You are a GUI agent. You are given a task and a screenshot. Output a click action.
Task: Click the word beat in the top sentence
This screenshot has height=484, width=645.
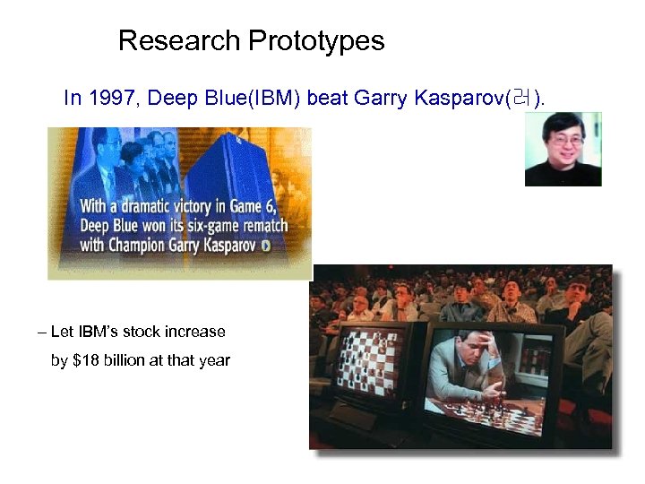click(328, 99)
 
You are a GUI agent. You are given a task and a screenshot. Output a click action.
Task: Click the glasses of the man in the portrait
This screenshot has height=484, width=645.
click(563, 141)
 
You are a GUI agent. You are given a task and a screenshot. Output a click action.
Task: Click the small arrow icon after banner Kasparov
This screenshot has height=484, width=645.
click(265, 245)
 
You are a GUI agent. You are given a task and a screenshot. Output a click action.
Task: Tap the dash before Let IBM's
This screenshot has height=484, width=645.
click(42, 332)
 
